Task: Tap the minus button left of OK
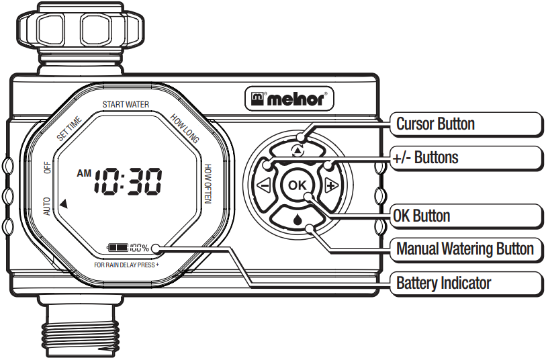263,186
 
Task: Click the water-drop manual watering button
296,218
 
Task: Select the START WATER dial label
126,105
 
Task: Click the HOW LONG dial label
184,128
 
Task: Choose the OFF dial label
48,167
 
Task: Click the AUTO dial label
47,206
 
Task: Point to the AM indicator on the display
84,173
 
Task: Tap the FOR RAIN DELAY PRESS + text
127,265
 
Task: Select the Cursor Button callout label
435,124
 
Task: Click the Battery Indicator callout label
443,283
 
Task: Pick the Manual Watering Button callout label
465,249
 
